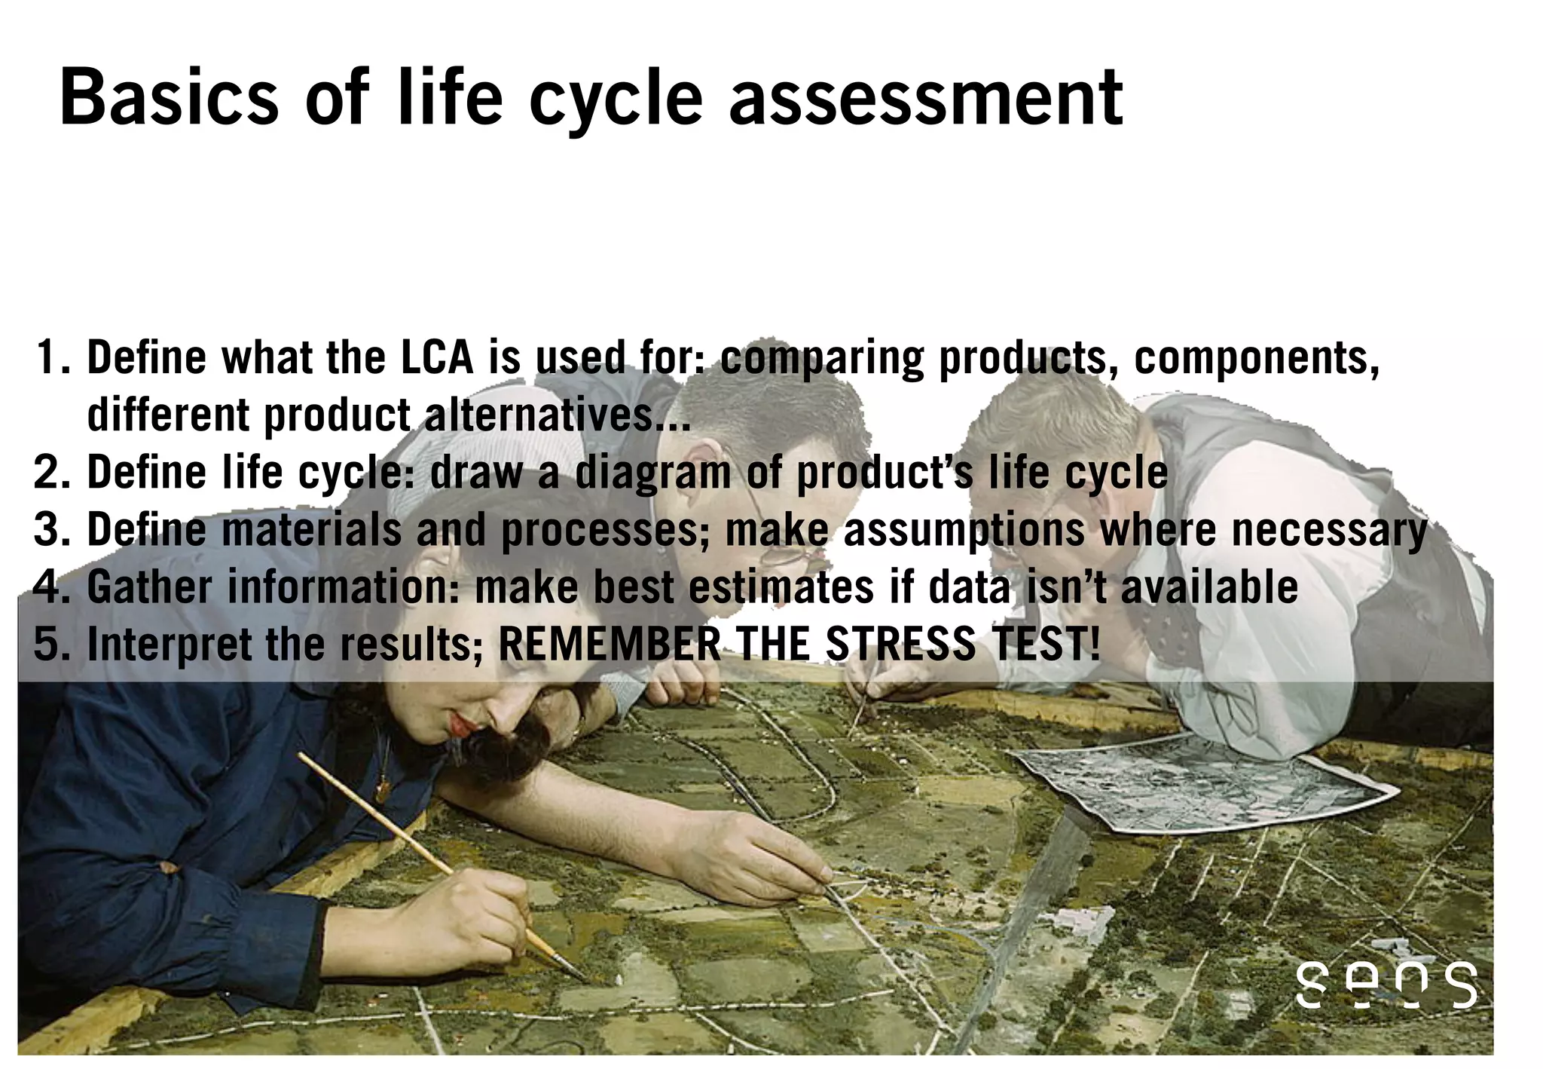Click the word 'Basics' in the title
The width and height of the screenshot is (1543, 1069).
click(x=169, y=98)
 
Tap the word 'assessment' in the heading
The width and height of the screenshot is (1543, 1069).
click(x=926, y=98)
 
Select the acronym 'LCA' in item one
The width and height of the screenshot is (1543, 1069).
click(x=436, y=357)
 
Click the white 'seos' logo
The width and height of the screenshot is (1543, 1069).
click(x=1386, y=984)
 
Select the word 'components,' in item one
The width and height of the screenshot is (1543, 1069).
click(x=1257, y=357)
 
